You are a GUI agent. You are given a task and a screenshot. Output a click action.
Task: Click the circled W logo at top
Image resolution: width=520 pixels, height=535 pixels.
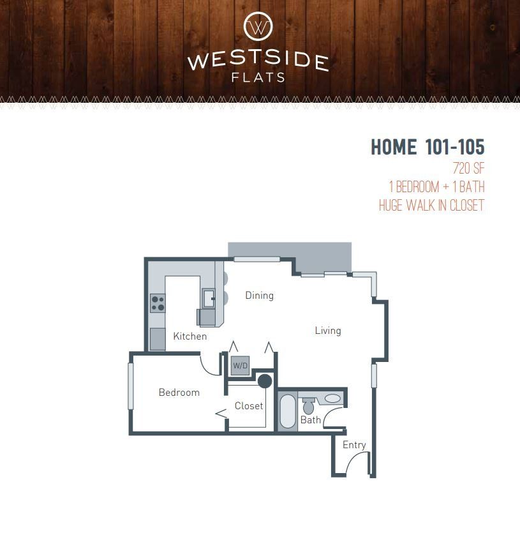point(258,27)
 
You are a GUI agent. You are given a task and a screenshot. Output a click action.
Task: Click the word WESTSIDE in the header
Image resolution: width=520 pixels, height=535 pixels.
point(258,62)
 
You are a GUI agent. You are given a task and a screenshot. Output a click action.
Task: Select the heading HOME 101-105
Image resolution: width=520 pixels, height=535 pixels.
point(427,147)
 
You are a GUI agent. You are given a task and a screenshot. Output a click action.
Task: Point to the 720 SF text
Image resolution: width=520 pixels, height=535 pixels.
point(468,169)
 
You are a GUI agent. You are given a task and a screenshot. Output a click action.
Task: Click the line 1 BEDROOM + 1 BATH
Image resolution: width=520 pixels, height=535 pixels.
point(436,187)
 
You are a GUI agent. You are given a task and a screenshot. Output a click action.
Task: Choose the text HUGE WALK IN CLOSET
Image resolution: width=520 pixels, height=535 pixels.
point(431,206)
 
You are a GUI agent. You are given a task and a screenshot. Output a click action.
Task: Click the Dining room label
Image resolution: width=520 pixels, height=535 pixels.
point(259,296)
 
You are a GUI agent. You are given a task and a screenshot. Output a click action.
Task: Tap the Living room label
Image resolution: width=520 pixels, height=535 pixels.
point(327,331)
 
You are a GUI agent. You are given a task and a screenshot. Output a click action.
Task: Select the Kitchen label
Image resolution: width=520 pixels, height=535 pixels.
point(189,336)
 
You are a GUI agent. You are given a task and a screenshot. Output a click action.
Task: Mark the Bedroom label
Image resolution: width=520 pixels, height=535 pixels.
point(179,393)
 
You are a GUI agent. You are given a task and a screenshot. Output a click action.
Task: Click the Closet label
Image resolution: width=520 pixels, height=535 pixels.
point(248,406)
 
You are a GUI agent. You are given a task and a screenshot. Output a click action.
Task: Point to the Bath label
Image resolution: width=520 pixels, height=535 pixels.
point(310,420)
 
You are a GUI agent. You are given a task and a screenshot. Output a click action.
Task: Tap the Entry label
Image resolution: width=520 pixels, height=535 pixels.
point(354,445)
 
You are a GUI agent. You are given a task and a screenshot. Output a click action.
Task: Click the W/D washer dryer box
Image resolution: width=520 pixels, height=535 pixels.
point(240,366)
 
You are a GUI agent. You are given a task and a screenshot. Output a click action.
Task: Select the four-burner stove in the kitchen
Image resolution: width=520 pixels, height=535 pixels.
point(158,303)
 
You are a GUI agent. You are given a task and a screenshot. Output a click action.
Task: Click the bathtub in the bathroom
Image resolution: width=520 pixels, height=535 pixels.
point(288,412)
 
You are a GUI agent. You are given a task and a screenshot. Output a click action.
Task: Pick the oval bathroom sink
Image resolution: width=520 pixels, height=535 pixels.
point(332,398)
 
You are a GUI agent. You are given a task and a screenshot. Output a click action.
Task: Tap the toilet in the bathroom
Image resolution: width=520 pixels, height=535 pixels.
point(308,405)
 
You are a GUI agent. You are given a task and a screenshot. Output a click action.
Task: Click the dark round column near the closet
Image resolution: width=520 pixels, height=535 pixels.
point(265,382)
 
